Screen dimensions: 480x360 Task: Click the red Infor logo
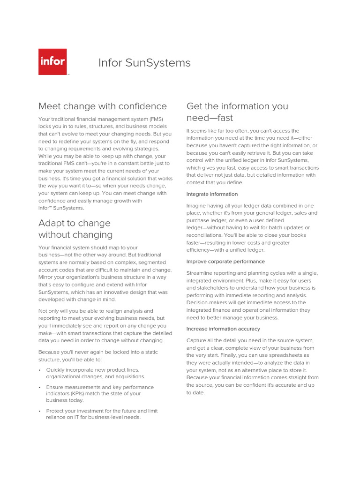[x=52, y=62]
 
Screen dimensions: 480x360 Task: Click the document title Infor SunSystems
[x=144, y=63]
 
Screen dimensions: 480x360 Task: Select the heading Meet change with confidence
[x=102, y=106]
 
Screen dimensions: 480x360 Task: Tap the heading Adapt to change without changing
[x=75, y=229]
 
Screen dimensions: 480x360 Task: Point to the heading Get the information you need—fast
[x=237, y=112]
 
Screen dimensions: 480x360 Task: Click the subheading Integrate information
[x=212, y=194]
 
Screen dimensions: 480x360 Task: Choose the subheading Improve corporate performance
[x=225, y=262]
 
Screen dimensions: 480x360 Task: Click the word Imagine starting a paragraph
[x=197, y=205]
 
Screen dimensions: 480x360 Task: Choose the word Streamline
[x=201, y=273]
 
